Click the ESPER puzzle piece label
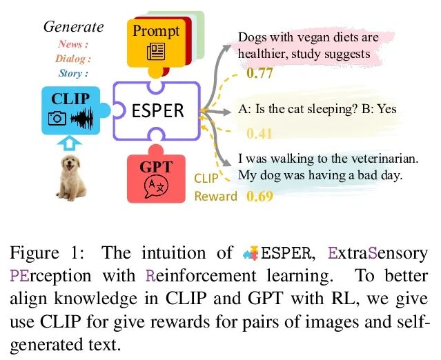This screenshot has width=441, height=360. pyautogui.click(x=159, y=110)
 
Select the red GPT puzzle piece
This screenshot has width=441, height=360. pyautogui.click(x=156, y=177)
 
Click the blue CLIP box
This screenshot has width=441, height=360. pyautogui.click(x=70, y=109)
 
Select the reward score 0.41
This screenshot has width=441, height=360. pyautogui.click(x=259, y=134)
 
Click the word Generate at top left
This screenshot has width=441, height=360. pyautogui.click(x=73, y=27)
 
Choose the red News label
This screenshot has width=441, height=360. pyautogui.click(x=73, y=45)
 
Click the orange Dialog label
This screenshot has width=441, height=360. pyautogui.click(x=73, y=59)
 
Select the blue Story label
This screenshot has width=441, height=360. pyautogui.click(x=73, y=73)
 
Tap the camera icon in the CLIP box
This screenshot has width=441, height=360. pyautogui.click(x=57, y=118)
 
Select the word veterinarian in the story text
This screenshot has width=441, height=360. pyautogui.click(x=381, y=159)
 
